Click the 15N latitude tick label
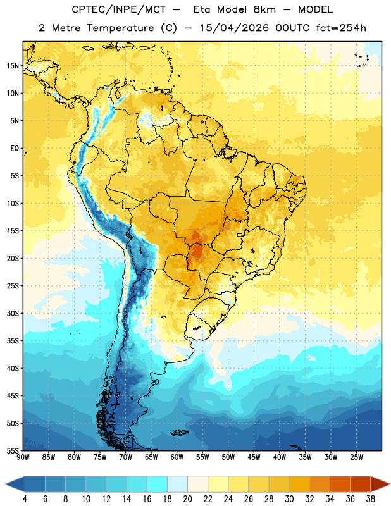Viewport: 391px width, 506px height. click(13, 66)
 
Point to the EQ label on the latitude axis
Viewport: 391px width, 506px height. click(15, 149)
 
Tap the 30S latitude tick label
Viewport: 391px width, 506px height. click(13, 313)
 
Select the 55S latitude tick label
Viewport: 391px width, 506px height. click(13, 450)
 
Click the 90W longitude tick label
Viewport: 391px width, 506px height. click(23, 457)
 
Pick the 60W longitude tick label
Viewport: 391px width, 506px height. click(177, 457)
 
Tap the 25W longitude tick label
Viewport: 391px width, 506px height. click(356, 457)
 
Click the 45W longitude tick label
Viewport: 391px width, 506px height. click(254, 457)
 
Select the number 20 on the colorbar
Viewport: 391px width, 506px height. click(187, 499)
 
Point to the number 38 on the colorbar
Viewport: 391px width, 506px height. click(371, 499)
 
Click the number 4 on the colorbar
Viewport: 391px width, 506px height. click(25, 499)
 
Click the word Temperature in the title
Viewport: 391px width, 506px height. click(120, 28)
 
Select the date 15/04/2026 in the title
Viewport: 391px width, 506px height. click(234, 28)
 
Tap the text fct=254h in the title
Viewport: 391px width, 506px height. click(341, 28)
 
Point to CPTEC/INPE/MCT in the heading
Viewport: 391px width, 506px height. click(118, 9)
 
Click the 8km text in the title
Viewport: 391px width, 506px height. click(264, 9)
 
